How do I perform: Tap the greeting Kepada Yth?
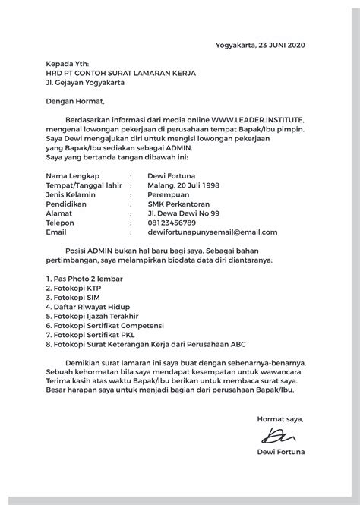pyautogui.click(x=67, y=65)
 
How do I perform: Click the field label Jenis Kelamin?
pyautogui.click(x=72, y=194)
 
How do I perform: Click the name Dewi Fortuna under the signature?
pyautogui.click(x=281, y=454)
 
